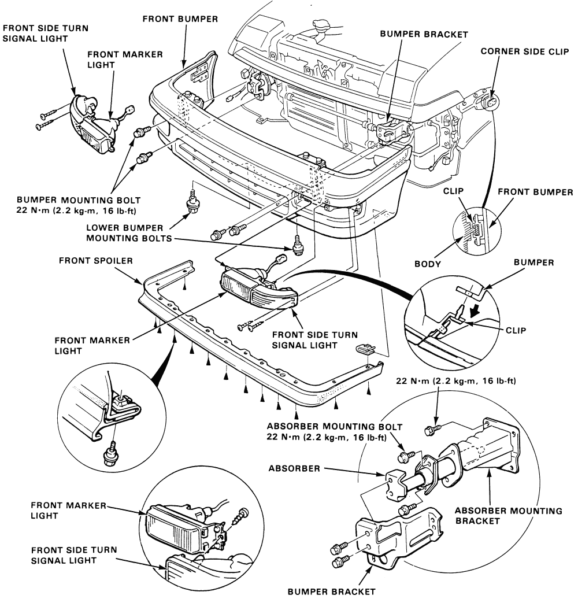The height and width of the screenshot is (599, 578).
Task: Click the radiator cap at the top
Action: pos(321,25)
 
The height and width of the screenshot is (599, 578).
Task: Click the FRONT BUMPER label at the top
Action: pos(180,19)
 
